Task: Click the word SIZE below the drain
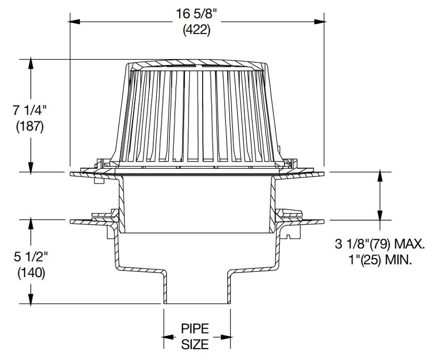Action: [196, 344]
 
